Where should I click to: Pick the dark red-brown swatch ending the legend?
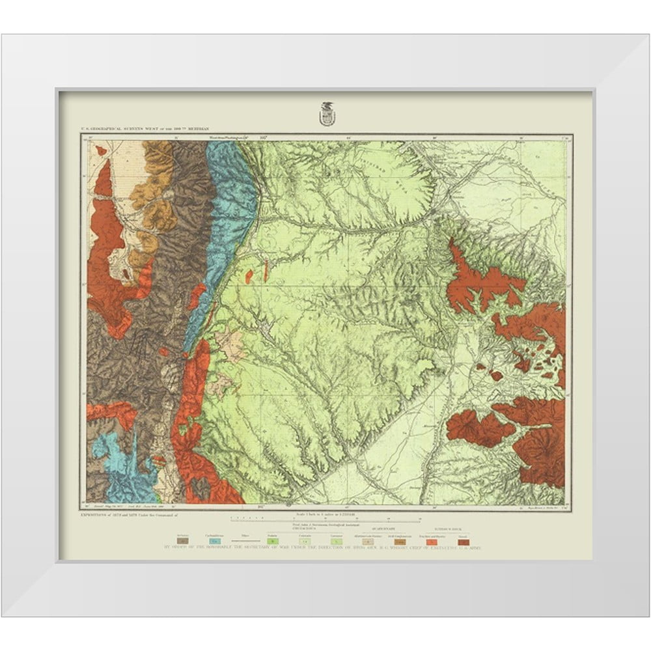464,540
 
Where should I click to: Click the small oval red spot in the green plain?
249,277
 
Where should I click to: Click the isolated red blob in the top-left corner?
101,150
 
